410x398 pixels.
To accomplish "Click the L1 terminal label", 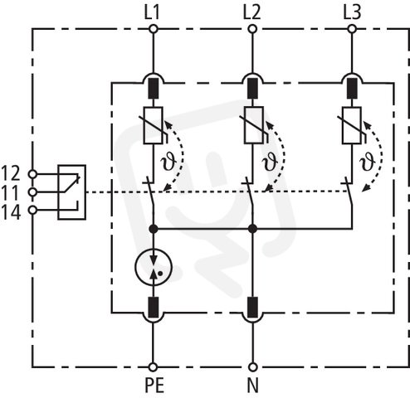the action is click(x=152, y=12).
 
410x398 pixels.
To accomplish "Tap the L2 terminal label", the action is click(x=251, y=12).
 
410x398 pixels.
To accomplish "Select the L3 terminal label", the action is click(x=352, y=12).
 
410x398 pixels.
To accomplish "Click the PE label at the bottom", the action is click(x=154, y=385).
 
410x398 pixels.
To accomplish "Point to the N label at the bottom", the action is click(x=252, y=385).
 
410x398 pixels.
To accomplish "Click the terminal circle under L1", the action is click(x=154, y=29).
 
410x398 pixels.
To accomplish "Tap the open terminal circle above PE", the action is click(x=153, y=367).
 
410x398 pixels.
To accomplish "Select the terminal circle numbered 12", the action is click(x=33, y=174).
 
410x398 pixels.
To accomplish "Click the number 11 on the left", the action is click(x=10, y=192).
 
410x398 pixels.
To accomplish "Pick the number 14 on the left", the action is click(x=11, y=212).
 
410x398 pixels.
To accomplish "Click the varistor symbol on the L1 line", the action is click(x=154, y=125).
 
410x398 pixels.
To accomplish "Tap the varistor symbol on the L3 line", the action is click(x=352, y=125).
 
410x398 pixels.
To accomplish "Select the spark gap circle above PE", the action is click(x=154, y=267).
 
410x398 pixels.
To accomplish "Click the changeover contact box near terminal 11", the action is click(x=71, y=192).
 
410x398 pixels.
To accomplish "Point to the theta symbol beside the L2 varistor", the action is click(x=269, y=161).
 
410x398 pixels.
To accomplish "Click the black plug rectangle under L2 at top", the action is click(x=252, y=88).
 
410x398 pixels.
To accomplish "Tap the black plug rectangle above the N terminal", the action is click(x=252, y=307).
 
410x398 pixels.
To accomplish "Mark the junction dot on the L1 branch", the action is click(x=153, y=229).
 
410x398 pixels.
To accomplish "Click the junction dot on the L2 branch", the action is click(x=252, y=229).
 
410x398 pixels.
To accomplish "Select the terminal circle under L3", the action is click(x=352, y=29).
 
